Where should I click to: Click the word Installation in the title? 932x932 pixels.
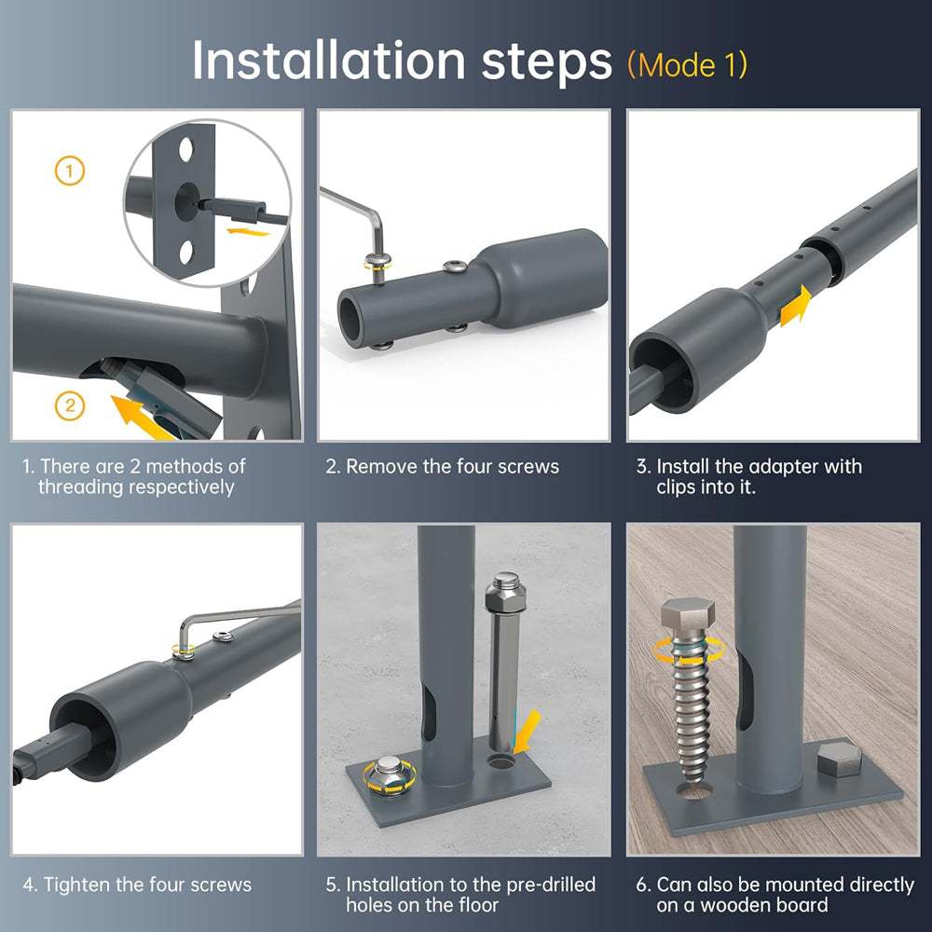(329, 61)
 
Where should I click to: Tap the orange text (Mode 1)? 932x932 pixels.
(687, 64)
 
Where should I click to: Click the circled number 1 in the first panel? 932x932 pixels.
(70, 171)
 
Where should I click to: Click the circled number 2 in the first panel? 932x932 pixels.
(70, 406)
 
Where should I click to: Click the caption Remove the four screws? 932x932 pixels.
(442, 467)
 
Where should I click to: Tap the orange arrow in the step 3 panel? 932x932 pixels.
(796, 306)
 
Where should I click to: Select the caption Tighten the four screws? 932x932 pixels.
(137, 884)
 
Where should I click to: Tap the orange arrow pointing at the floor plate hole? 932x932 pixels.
(528, 731)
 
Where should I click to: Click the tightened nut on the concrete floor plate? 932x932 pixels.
(389, 775)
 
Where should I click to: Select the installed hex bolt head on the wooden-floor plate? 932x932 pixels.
(840, 759)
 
